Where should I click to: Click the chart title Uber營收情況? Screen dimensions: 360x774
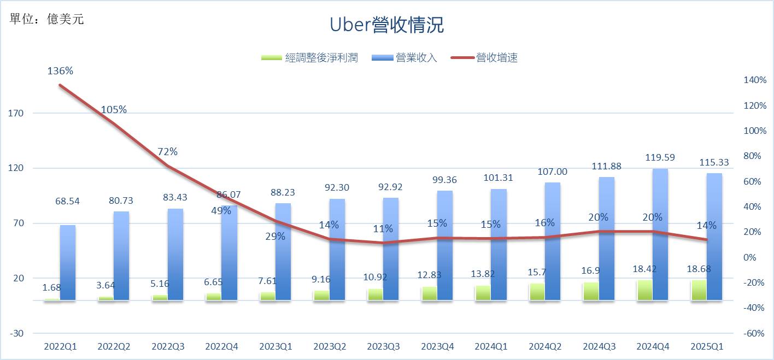click(x=387, y=26)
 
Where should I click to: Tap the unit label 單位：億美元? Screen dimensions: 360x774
click(x=47, y=19)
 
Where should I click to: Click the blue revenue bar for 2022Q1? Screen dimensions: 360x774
click(x=68, y=262)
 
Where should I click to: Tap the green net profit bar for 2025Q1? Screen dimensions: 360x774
click(x=699, y=290)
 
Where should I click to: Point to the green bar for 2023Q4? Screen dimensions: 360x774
click(x=429, y=293)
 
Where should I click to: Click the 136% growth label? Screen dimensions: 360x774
click(x=60, y=71)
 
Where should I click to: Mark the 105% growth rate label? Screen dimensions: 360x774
click(x=114, y=110)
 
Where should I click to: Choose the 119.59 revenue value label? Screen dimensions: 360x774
click(x=660, y=157)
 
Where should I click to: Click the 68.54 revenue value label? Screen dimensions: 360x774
click(x=67, y=202)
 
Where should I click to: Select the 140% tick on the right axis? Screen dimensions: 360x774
click(x=755, y=80)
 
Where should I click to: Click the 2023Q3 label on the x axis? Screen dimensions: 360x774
click(x=384, y=346)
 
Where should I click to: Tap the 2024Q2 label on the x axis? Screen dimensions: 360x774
click(x=545, y=346)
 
